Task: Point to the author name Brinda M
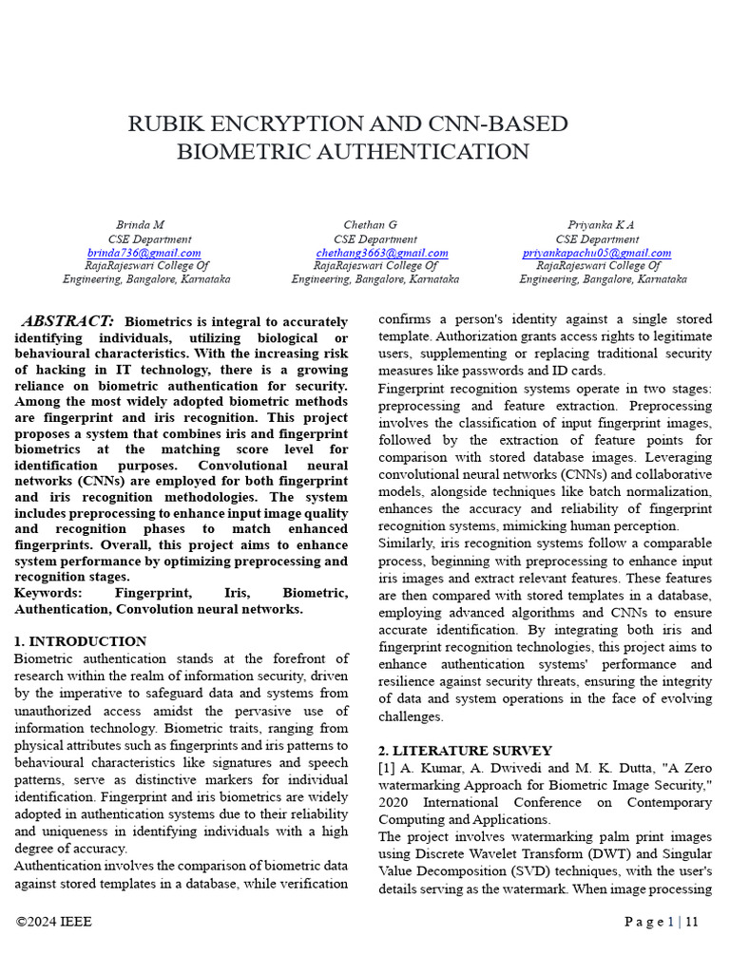pos(140,225)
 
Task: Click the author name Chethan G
pos(370,225)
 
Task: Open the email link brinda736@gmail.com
pos(144,253)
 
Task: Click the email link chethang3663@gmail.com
pos(382,253)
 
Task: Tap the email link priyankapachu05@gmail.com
pos(597,253)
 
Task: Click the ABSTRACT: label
pos(67,322)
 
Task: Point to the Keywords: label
pos(48,592)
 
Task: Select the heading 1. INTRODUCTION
pos(81,641)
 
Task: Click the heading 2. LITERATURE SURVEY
pos(465,751)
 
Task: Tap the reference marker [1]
pos(387,768)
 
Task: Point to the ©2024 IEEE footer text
pos(54,922)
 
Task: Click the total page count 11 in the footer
pos(692,922)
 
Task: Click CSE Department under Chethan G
pos(375,239)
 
